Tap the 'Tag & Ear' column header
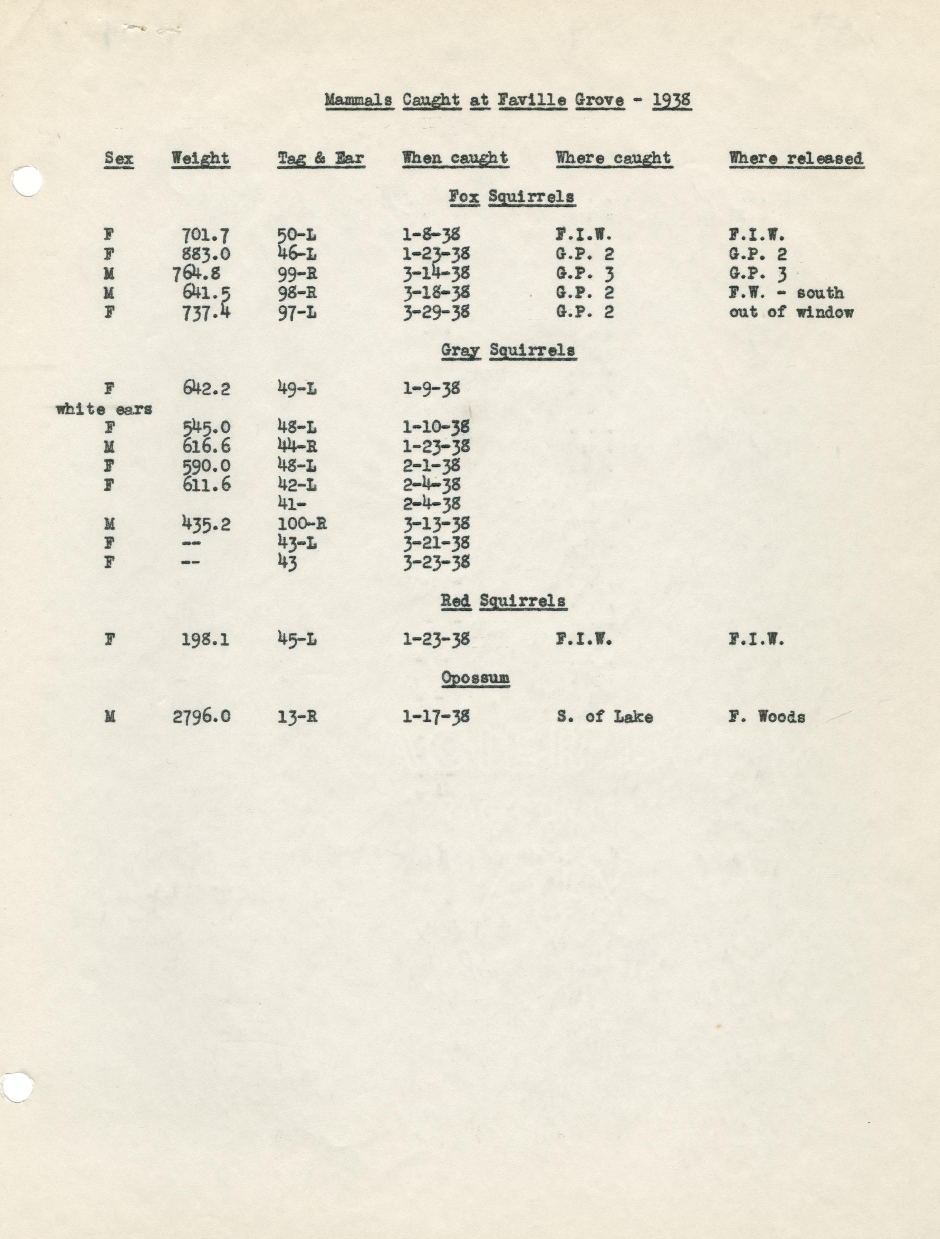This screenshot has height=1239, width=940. tap(321, 159)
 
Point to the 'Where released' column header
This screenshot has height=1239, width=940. tap(795, 159)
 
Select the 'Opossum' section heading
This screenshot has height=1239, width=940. tap(475, 678)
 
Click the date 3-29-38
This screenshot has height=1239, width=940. tap(436, 312)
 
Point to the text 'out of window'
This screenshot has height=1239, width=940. tap(791, 312)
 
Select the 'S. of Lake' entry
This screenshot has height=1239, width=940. tap(604, 716)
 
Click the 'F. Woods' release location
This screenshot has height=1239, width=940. tap(767, 716)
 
